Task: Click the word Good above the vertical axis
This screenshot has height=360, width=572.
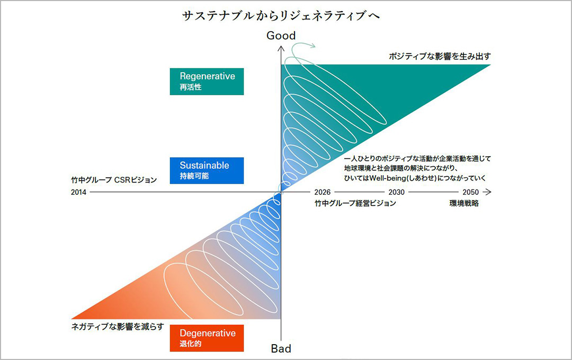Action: (281, 35)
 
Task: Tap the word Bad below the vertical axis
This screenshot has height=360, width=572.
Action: (281, 348)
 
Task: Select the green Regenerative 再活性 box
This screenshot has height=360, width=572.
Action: (207, 81)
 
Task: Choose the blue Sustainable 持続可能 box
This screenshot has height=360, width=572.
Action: (207, 170)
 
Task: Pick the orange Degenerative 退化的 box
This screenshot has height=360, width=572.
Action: (207, 338)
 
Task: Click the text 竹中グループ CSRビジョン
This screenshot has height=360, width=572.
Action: (114, 180)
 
